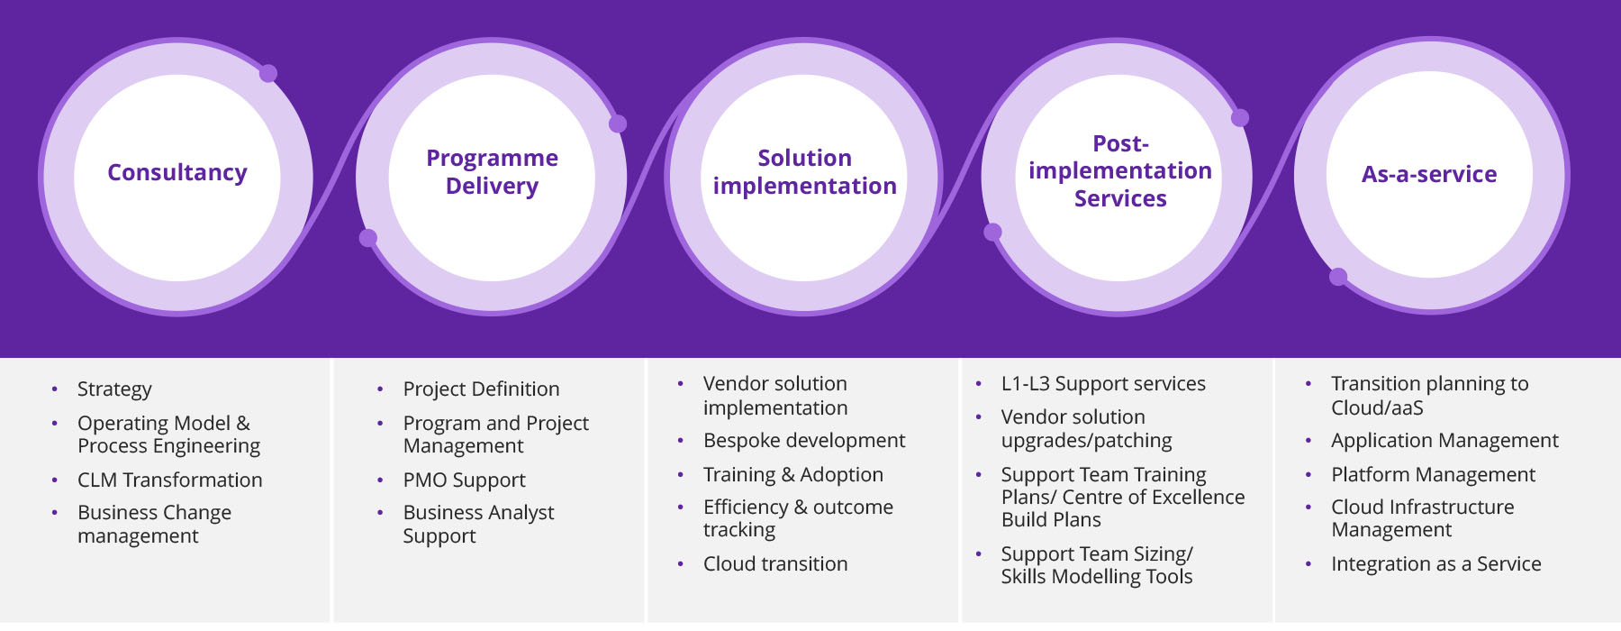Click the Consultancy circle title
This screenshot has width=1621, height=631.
click(177, 172)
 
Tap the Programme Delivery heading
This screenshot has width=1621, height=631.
click(492, 171)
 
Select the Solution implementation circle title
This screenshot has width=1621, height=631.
click(804, 171)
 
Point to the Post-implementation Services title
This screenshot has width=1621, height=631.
click(1120, 170)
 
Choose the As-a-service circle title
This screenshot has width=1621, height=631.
click(1429, 174)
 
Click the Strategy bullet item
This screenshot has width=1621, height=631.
click(114, 389)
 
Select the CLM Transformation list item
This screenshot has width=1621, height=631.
click(170, 480)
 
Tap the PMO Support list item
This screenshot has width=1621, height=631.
click(464, 480)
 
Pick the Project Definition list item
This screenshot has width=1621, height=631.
click(481, 389)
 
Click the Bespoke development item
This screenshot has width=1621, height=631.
click(804, 441)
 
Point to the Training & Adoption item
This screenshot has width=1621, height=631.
click(793, 474)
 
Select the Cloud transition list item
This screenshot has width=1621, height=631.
click(775, 563)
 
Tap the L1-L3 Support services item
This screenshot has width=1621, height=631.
click(1103, 384)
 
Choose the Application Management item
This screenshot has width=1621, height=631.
click(1444, 441)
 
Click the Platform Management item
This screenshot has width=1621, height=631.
click(1433, 474)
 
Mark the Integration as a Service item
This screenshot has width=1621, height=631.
click(1436, 564)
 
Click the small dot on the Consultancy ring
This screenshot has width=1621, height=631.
click(268, 74)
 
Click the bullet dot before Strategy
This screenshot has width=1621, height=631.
click(55, 389)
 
